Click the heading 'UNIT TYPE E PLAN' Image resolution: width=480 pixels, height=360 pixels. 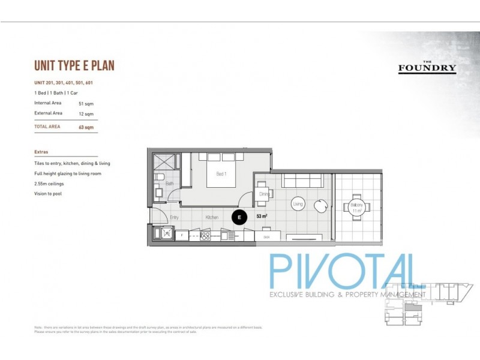coord(74,65)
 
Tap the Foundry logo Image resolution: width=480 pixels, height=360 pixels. coord(427,67)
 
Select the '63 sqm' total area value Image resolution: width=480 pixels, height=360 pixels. coord(86,127)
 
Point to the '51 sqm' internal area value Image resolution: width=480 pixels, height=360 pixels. coord(86,104)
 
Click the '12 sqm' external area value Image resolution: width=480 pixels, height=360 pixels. coord(86,113)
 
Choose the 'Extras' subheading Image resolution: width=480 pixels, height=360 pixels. coord(41,152)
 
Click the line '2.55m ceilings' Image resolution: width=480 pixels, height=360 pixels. coord(49,183)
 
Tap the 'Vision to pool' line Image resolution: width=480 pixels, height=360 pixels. coord(48,193)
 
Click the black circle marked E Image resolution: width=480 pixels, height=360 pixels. coord(239,217)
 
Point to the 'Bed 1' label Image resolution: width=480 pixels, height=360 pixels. coord(221,174)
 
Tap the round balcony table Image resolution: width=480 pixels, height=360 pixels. coord(356,206)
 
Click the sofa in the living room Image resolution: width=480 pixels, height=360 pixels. coord(304,180)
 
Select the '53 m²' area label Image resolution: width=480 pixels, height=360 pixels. coord(262,216)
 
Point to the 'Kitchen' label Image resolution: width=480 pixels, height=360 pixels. coord(211,217)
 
